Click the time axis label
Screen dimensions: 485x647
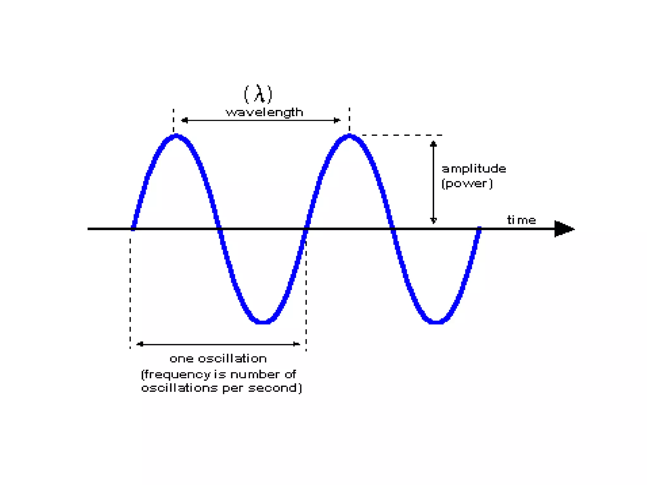(522, 220)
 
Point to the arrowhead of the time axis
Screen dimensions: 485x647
(564, 229)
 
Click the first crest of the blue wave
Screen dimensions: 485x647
(176, 136)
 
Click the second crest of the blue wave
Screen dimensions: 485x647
(349, 136)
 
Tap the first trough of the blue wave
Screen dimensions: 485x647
(263, 322)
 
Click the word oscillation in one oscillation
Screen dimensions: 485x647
(232, 359)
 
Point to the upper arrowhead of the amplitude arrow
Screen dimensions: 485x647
(433, 144)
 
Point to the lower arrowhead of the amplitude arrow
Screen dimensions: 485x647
(433, 220)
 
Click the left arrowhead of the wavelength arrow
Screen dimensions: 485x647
(184, 120)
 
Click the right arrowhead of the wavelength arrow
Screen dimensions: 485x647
(337, 120)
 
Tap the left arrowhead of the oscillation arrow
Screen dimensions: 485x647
(140, 344)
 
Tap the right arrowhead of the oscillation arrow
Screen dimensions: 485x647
(296, 344)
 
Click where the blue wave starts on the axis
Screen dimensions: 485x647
(133, 229)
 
